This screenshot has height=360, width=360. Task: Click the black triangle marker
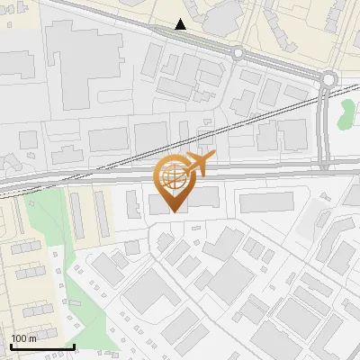click(x=181, y=24)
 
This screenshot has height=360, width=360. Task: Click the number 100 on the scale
click(x=18, y=337)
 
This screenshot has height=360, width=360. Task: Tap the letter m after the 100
click(x=31, y=337)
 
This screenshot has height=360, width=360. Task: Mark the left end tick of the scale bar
click(x=11, y=346)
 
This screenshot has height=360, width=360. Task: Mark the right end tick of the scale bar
click(x=74, y=346)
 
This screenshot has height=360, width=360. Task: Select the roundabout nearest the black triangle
click(x=238, y=53)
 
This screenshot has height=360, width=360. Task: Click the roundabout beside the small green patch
click(x=328, y=79)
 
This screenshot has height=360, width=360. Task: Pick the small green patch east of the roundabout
click(x=346, y=113)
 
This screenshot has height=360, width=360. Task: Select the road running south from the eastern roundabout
click(x=323, y=126)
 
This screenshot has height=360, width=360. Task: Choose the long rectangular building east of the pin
click(x=266, y=202)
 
